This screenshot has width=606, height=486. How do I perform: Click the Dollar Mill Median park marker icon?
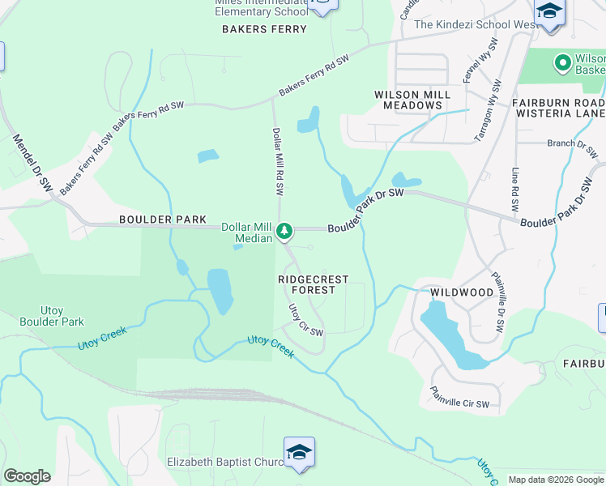(284, 232)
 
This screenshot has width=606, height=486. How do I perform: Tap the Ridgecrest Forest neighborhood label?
(313, 284)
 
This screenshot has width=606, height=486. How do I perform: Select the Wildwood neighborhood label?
(462, 292)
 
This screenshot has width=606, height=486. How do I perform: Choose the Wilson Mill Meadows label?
(412, 100)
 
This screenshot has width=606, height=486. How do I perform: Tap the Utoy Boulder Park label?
(62, 316)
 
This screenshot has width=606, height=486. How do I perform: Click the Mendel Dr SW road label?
(32, 163)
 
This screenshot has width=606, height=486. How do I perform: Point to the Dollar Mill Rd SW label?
(278, 162)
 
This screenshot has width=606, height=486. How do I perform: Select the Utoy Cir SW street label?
(306, 320)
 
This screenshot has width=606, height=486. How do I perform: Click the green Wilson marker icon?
(561, 62)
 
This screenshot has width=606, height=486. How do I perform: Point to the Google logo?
(27, 476)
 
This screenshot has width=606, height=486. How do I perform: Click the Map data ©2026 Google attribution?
(556, 480)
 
